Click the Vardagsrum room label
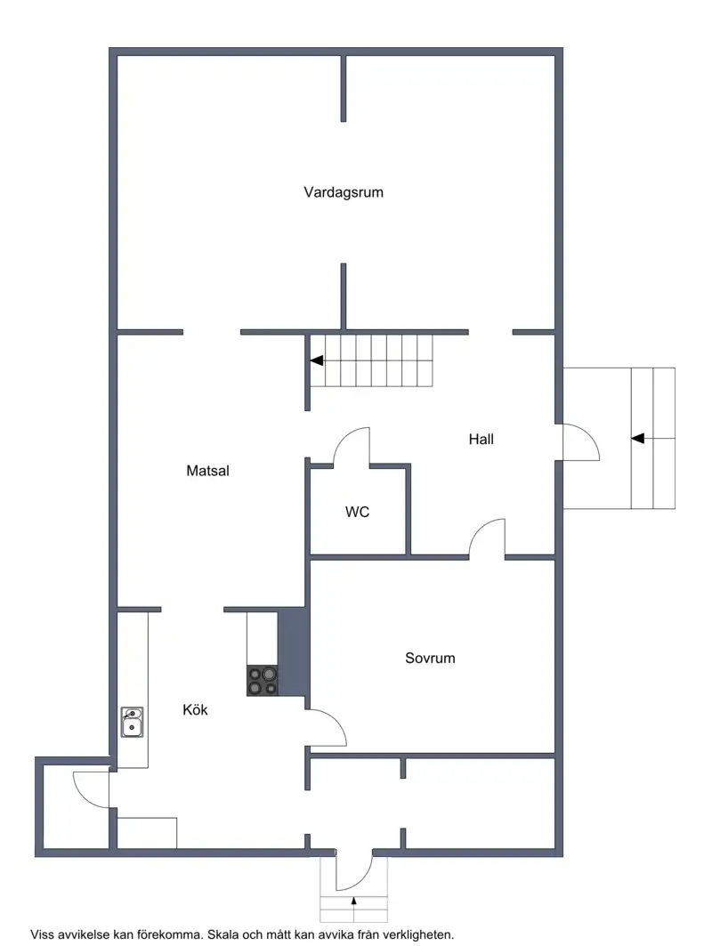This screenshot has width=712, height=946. (x=344, y=192)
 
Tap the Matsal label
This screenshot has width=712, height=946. (x=207, y=471)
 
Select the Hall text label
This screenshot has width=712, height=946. (x=481, y=440)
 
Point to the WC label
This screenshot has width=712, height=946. (x=357, y=513)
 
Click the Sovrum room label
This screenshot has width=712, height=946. (x=430, y=658)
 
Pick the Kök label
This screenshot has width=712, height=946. (x=195, y=709)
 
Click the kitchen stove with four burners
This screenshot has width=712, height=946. (x=263, y=681)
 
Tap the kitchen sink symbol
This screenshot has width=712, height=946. (x=132, y=722)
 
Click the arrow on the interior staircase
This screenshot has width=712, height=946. (x=317, y=360)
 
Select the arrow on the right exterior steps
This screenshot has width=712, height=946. (x=638, y=439)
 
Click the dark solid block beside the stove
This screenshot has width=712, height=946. (x=293, y=652)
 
